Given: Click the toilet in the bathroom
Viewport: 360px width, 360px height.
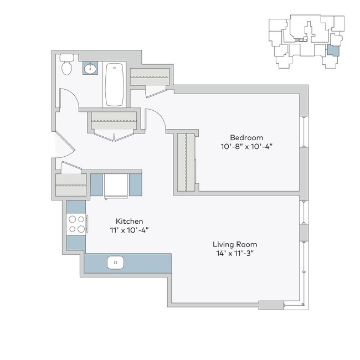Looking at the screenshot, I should click(x=67, y=65).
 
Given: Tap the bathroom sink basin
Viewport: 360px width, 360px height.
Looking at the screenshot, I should click(x=90, y=68).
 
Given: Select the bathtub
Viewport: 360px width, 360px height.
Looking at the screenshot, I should click(x=115, y=84).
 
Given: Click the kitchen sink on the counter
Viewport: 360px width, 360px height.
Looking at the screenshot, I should click(x=115, y=262).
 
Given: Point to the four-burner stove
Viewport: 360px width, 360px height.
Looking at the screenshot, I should click(x=76, y=224).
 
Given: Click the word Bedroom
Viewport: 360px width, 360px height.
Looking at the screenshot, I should click(x=246, y=137).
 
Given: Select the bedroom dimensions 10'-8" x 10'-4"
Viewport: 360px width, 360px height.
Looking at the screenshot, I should click(x=246, y=147).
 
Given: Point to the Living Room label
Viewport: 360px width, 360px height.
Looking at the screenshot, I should click(x=235, y=244).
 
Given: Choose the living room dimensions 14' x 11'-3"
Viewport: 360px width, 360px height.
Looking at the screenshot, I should click(x=235, y=253).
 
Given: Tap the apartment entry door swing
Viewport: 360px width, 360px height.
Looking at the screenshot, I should click(x=65, y=145).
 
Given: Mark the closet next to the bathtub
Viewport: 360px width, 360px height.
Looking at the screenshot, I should click(x=149, y=75).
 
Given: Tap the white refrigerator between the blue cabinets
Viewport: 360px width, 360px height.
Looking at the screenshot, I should click(x=116, y=184).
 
